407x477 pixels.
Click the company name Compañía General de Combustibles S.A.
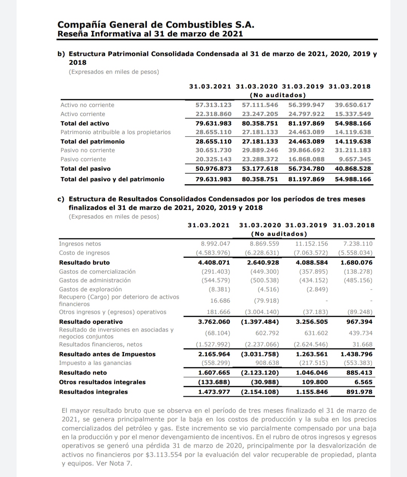156,25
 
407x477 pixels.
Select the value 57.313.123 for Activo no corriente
213,105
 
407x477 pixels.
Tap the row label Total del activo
85,123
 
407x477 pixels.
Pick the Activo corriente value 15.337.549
353,114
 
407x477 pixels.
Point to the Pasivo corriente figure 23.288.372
260,159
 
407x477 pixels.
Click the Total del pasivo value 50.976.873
213,169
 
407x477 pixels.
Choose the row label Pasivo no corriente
87,150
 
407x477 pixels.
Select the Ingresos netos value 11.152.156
311,244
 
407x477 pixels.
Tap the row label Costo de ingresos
84,253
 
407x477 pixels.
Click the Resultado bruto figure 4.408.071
214,262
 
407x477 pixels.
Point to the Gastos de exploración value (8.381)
219,289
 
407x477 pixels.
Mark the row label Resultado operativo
91,322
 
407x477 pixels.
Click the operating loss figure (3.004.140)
262,312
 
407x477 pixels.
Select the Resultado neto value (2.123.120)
260,373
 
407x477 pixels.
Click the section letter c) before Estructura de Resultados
61,199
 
